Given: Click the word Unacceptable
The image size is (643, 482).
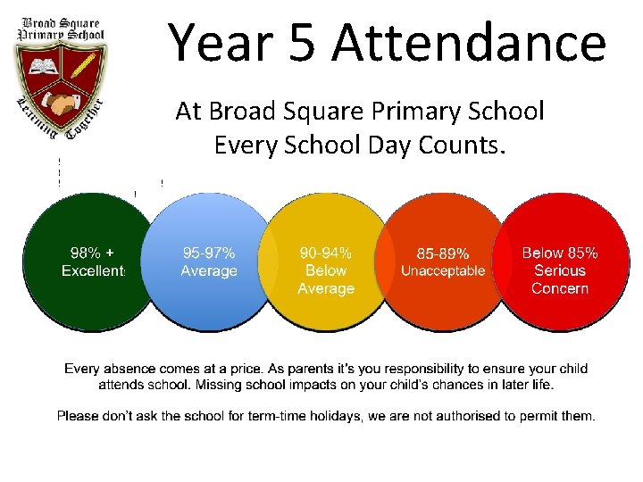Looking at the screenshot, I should [443, 270].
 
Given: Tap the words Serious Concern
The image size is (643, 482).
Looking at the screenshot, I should [560, 279].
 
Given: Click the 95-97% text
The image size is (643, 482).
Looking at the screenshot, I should [209, 253].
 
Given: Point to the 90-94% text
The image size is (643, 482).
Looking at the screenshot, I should [326, 253].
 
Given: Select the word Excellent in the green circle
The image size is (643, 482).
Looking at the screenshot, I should [93, 270].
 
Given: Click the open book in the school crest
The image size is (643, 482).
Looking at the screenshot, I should [42, 66].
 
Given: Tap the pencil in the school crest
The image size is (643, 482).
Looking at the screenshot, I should [82, 66].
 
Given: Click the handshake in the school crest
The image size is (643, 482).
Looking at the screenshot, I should [61, 104].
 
